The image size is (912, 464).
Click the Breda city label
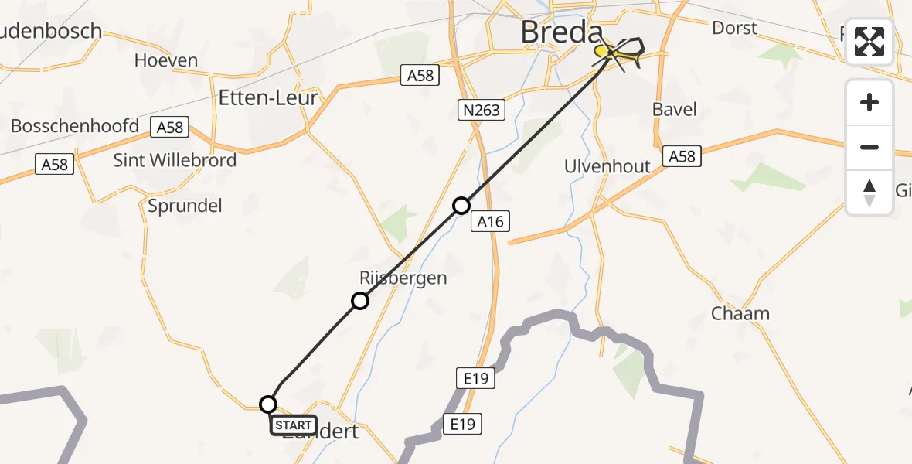pyautogui.click(x=561, y=32)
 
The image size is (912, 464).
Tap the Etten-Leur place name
pyautogui.click(x=268, y=98)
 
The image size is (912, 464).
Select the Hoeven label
pyautogui.click(x=165, y=60)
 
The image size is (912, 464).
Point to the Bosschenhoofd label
pyautogui.click(x=75, y=126)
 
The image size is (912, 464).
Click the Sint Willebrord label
pyautogui.click(x=175, y=161)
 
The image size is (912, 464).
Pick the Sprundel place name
pyautogui.click(x=185, y=205)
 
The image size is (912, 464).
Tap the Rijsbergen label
pyautogui.click(x=403, y=278)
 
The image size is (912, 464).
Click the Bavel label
pyautogui.click(x=674, y=109)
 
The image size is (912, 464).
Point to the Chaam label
pyautogui.click(x=740, y=313)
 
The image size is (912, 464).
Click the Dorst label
pyautogui.click(x=734, y=28)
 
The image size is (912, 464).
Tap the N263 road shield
pyautogui.click(x=482, y=111)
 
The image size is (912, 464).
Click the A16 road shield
pyautogui.click(x=490, y=222)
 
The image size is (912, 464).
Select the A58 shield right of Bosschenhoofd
pyautogui.click(x=169, y=127)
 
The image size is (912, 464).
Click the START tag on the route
pyautogui.click(x=294, y=425)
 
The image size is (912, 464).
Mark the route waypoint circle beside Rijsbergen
pyautogui.click(x=360, y=301)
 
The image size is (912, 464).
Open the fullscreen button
pyautogui.click(x=869, y=42)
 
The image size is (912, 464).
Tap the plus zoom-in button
pyautogui.click(x=869, y=102)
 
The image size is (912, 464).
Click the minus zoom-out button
pyautogui.click(x=869, y=147)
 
